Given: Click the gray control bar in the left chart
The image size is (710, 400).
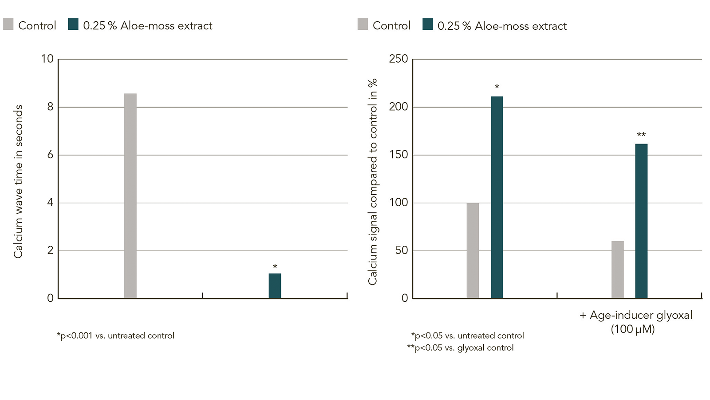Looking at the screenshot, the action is tap(130, 196).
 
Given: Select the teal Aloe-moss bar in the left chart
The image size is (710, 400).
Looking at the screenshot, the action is tap(275, 286).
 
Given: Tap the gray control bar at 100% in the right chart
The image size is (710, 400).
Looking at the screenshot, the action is tap(473, 251).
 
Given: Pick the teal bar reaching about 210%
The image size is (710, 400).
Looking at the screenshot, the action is tap(497, 197).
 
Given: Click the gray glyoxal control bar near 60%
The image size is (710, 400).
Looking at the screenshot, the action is tap(617, 269).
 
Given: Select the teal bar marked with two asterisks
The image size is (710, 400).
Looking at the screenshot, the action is tap(642, 221).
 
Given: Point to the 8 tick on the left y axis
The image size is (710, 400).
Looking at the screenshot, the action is tap(51, 107).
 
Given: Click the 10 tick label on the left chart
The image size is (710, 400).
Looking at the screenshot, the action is tap(47, 59).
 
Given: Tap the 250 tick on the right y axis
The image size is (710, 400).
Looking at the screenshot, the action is tap(398, 59).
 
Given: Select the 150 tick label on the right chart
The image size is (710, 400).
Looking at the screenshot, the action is tap(398, 155).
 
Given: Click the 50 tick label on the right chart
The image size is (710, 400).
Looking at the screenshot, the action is tap(402, 251).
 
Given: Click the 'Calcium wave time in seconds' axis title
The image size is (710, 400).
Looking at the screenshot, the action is tap(18, 182).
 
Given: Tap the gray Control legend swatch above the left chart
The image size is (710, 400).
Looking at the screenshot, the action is tap(8, 24).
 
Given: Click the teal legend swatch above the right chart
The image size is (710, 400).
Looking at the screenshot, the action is tap(428, 24).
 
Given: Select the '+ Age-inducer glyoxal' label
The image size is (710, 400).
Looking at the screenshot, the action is tap(636, 315).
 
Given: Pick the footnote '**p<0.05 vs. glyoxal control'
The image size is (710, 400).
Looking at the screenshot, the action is tap(460, 348).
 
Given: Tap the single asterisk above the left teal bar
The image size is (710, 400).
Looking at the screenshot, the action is tap(275, 266).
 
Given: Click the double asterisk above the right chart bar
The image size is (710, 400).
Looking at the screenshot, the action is tap(641, 135).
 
